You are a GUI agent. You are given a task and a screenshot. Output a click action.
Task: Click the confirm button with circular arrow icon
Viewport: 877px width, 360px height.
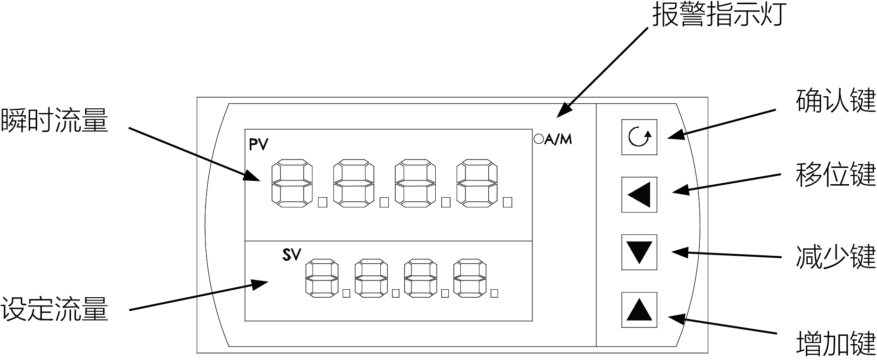coord(639,137)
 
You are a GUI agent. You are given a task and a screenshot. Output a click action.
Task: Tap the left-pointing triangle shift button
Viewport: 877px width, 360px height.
coord(639,195)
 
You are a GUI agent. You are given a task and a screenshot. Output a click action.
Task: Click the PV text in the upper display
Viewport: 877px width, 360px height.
coord(259,145)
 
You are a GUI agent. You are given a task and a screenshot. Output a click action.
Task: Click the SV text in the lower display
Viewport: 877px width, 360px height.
coord(292,255)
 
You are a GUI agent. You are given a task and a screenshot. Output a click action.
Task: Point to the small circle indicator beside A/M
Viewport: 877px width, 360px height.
coord(538,139)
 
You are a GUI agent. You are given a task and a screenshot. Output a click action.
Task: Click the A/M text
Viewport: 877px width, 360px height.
coord(558,139)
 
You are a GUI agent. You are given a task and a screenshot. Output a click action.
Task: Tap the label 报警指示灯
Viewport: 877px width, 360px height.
coord(719,14)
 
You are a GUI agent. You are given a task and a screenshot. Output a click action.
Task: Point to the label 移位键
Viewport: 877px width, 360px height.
coord(836,174)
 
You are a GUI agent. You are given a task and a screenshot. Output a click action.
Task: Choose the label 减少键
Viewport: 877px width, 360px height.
coord(836,257)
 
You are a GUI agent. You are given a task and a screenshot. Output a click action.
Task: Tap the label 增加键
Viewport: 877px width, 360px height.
coord(836,343)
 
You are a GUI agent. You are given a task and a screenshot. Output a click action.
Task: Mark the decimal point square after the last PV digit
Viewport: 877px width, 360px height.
coord(508,202)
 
